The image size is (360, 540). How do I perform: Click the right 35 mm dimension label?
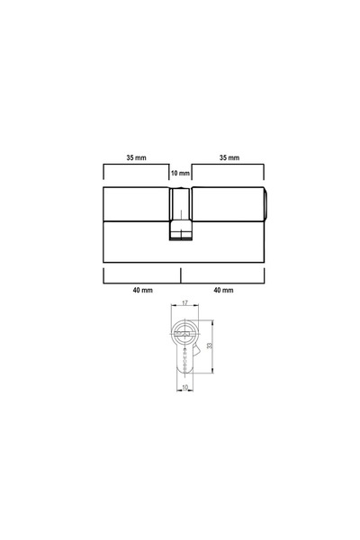click(x=229, y=157)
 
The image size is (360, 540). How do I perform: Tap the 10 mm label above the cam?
click(x=180, y=173)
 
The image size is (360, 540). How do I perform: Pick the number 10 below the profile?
click(x=184, y=388)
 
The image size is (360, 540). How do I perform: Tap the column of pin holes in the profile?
click(x=184, y=357)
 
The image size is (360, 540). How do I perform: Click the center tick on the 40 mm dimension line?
click(x=181, y=274)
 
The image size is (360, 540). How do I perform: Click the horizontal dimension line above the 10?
click(x=184, y=382)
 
